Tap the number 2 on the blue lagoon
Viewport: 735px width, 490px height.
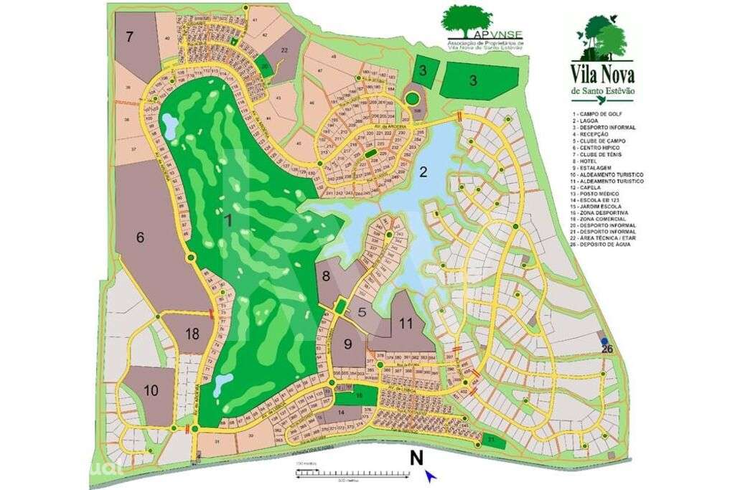coord(423,171)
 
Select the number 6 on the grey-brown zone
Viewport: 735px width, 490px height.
coord(141,237)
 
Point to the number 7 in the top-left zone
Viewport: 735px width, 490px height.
coord(129,37)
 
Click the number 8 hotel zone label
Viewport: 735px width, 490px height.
coord(327,275)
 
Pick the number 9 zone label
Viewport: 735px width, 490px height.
coord(348,344)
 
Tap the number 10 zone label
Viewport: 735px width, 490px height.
coord(151,390)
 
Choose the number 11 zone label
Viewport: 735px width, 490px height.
coord(406,324)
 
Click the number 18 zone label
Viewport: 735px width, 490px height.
coord(192,334)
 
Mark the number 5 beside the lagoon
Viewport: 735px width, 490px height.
coord(362,312)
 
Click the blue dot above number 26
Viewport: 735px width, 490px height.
coord(605,341)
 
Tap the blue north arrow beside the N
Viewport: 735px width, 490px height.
coord(430,474)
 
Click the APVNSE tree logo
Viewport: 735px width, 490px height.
coord(468,21)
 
